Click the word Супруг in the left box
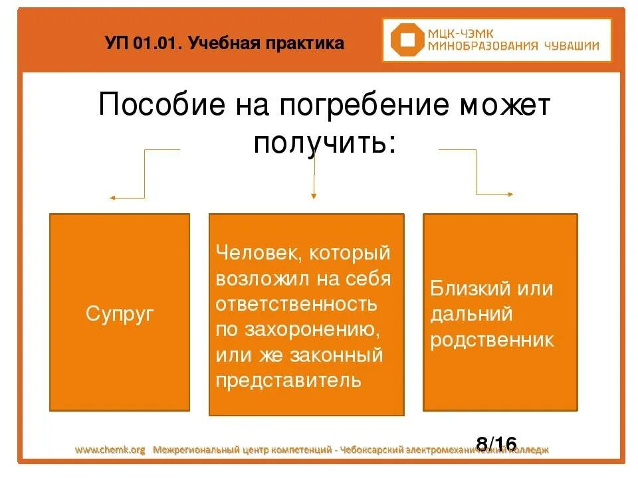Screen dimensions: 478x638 point(120,313)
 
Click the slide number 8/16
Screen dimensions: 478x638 point(496,443)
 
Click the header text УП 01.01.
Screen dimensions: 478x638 point(143,44)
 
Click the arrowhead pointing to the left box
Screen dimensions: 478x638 point(112,198)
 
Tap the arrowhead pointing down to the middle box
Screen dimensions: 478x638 point(314,196)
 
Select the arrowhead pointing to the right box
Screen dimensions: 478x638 point(510,194)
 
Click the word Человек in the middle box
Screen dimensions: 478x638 point(250,254)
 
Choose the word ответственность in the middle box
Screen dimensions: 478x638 point(296,304)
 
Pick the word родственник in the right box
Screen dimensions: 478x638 point(492,340)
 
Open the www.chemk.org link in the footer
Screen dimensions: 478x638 point(110,450)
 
